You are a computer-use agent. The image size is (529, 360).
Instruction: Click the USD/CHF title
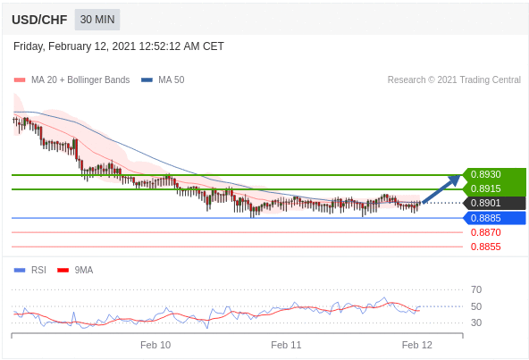tap(39, 20)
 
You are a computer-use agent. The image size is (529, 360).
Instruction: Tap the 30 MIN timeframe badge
tap(97, 20)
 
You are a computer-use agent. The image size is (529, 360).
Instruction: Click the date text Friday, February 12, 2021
tap(74, 46)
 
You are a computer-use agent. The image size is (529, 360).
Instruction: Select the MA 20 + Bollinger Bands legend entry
tap(71, 80)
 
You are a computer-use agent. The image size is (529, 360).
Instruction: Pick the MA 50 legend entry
tap(163, 80)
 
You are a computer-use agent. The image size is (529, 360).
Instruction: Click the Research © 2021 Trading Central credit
tap(454, 80)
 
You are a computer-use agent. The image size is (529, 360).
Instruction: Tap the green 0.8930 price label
tap(485, 174)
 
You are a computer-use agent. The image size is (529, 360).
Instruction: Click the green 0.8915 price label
tap(485, 188)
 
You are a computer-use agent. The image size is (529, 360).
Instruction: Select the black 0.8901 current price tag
tap(485, 203)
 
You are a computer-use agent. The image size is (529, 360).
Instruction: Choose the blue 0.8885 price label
tap(485, 218)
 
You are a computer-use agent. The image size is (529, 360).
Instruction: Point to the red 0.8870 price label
tap(486, 232)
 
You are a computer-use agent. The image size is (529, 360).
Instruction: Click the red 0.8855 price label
tap(486, 247)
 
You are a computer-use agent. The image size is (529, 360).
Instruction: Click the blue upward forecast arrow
tap(441, 189)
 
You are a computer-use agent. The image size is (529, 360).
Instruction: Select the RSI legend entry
tap(30, 271)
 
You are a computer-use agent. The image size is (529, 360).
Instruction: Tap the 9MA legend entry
tap(75, 271)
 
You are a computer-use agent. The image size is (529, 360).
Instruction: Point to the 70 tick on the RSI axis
tap(476, 289)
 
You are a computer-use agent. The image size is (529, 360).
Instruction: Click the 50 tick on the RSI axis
tap(476, 306)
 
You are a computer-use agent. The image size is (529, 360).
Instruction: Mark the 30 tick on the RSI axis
tap(476, 322)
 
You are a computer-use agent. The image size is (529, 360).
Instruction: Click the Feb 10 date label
tap(155, 345)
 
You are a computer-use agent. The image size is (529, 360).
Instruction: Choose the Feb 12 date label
tap(417, 345)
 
